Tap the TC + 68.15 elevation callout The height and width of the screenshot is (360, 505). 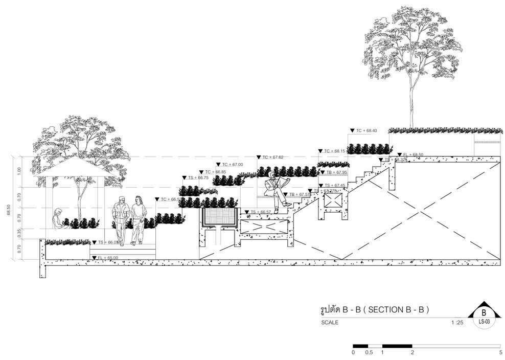[335, 151]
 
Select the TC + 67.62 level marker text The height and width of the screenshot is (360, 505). [273, 157]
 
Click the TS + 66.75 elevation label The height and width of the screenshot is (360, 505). [198, 177]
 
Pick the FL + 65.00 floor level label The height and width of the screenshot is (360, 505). [108, 258]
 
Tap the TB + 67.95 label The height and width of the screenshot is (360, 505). [336, 173]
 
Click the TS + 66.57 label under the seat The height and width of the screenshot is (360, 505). [260, 212]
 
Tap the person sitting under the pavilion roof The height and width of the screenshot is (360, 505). [57, 218]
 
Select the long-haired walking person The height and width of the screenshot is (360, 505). [138, 220]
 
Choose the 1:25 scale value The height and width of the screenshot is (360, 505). [457, 323]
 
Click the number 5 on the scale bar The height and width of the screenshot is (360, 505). [500, 352]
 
